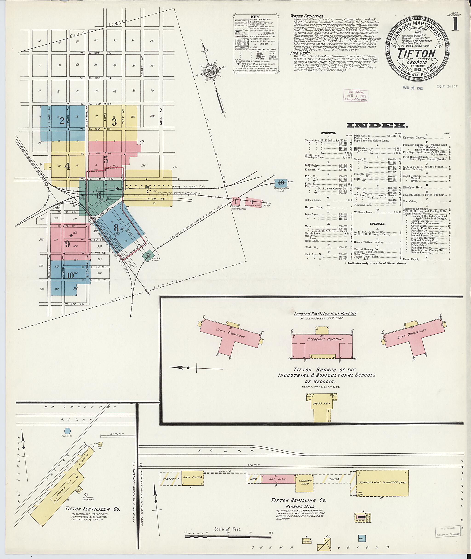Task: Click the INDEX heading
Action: pos(377,125)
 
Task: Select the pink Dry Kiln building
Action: pos(278,479)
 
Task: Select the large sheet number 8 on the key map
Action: pos(116,227)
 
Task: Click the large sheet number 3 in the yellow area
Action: pos(114,122)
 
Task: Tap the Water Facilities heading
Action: pos(307,16)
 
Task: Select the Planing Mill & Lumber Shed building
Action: pos(382,483)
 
